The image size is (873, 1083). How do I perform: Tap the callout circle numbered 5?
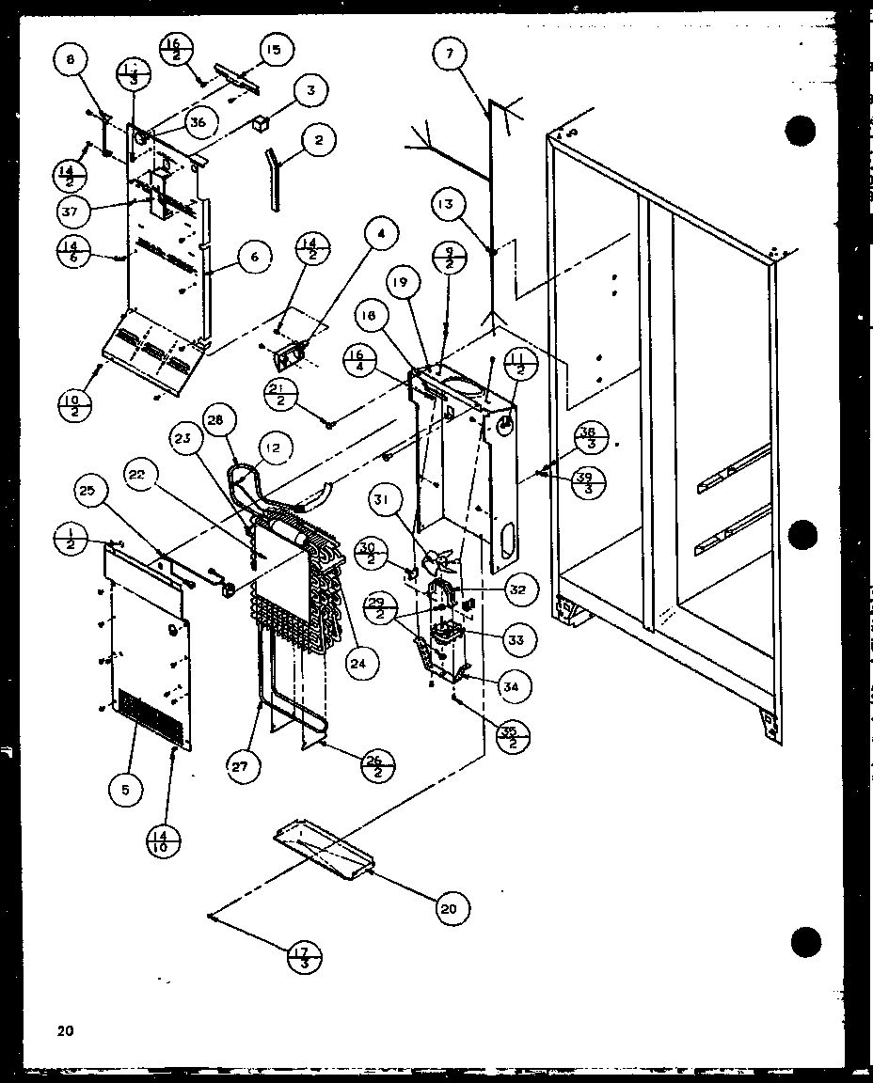point(125,791)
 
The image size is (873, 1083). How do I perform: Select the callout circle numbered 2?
point(319,141)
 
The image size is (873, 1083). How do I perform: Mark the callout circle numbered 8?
point(71,61)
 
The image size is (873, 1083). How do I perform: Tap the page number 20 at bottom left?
point(64,1030)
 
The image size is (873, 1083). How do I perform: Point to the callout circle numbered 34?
point(511,687)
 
